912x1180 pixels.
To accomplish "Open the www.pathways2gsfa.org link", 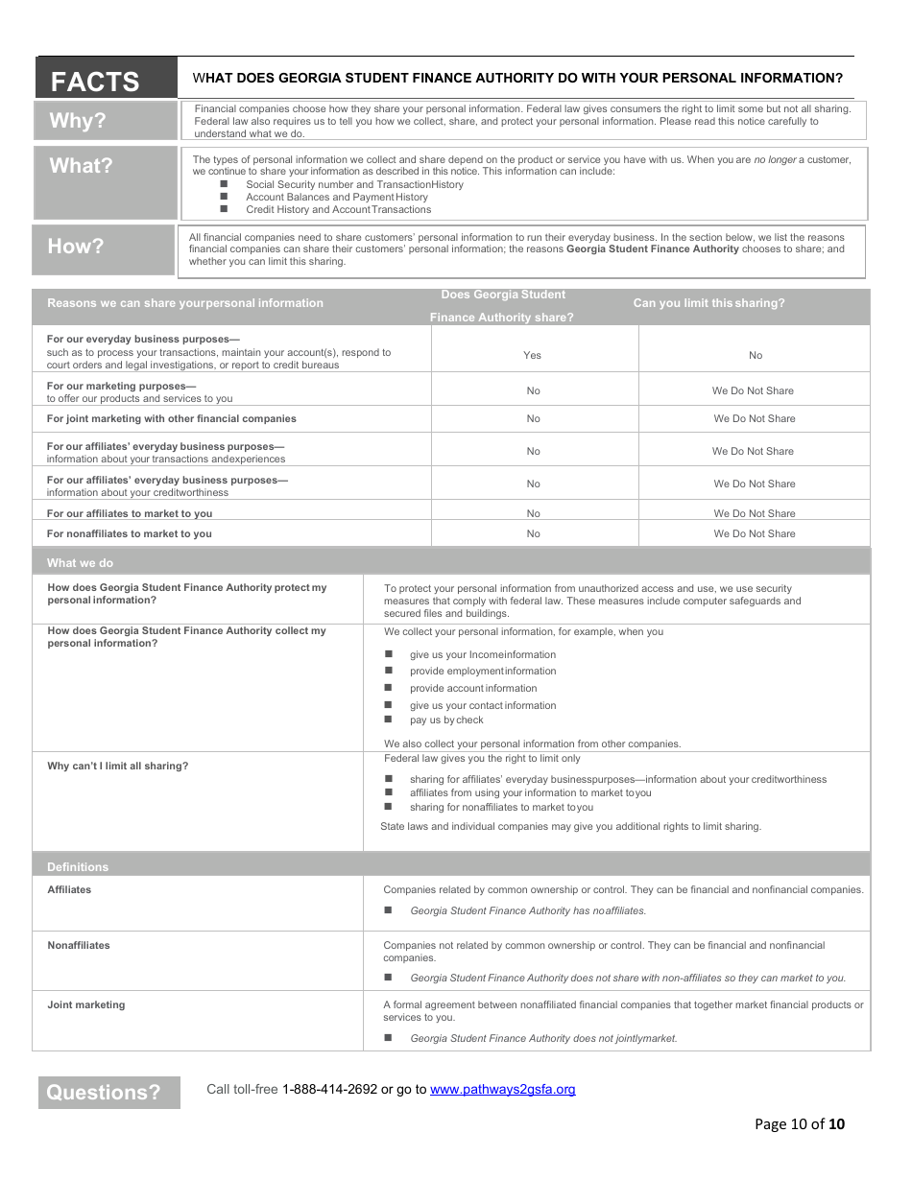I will coord(502,1089).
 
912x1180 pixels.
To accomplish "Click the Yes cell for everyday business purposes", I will coord(533,355).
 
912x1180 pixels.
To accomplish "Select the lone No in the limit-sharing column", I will coord(756,355).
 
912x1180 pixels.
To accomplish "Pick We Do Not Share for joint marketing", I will coord(755,418).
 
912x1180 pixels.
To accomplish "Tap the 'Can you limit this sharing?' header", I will coord(708,303).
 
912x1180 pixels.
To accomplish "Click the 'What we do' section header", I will coord(80,563).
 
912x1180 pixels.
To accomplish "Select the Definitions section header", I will coord(78,866).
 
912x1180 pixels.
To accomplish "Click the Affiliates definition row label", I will coord(70,890).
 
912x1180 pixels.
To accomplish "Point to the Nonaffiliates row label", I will coord(79,946).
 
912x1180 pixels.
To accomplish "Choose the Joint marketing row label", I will coord(86,1005).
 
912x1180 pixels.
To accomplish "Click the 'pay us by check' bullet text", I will coord(446,720).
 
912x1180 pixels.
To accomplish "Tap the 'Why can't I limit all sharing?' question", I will coord(118,767).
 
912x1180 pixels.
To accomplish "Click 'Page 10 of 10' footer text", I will coord(800,1124).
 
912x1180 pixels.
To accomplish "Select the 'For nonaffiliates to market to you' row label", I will coord(130,533).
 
